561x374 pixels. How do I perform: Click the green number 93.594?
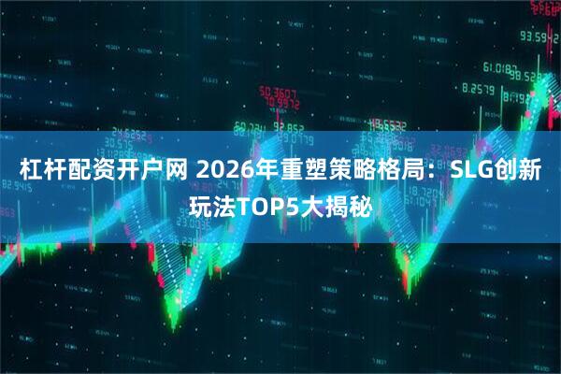coord(539,37)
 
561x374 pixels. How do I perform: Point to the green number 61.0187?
coord(504,68)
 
